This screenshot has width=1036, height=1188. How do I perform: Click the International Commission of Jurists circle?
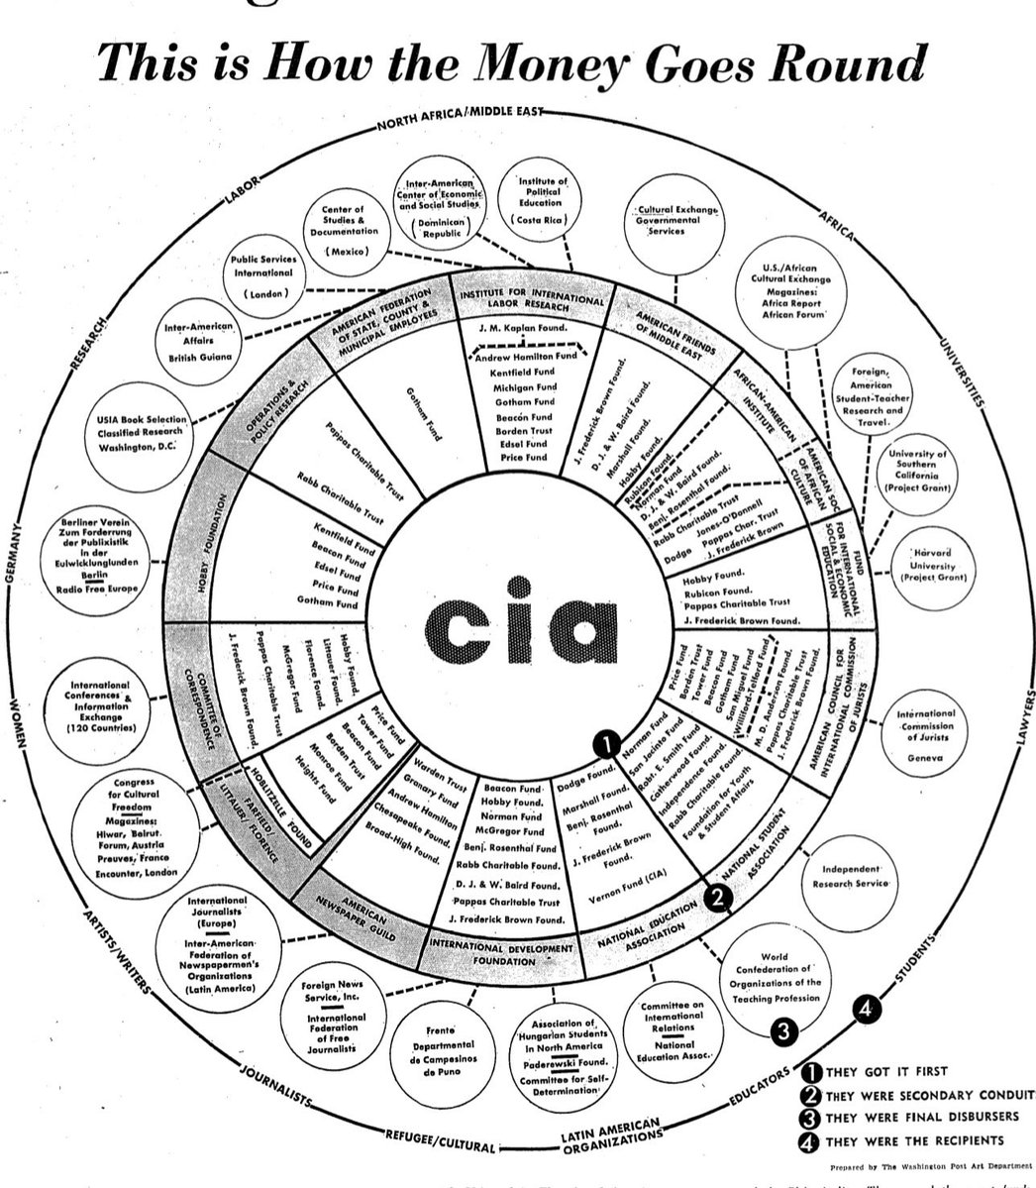[x=926, y=735]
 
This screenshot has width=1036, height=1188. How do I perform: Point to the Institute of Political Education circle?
[x=543, y=202]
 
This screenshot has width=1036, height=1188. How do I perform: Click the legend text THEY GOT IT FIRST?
[x=886, y=1072]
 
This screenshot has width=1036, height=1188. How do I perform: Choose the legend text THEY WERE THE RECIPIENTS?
[x=914, y=1140]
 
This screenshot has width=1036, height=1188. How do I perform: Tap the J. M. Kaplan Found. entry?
[x=525, y=329]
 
